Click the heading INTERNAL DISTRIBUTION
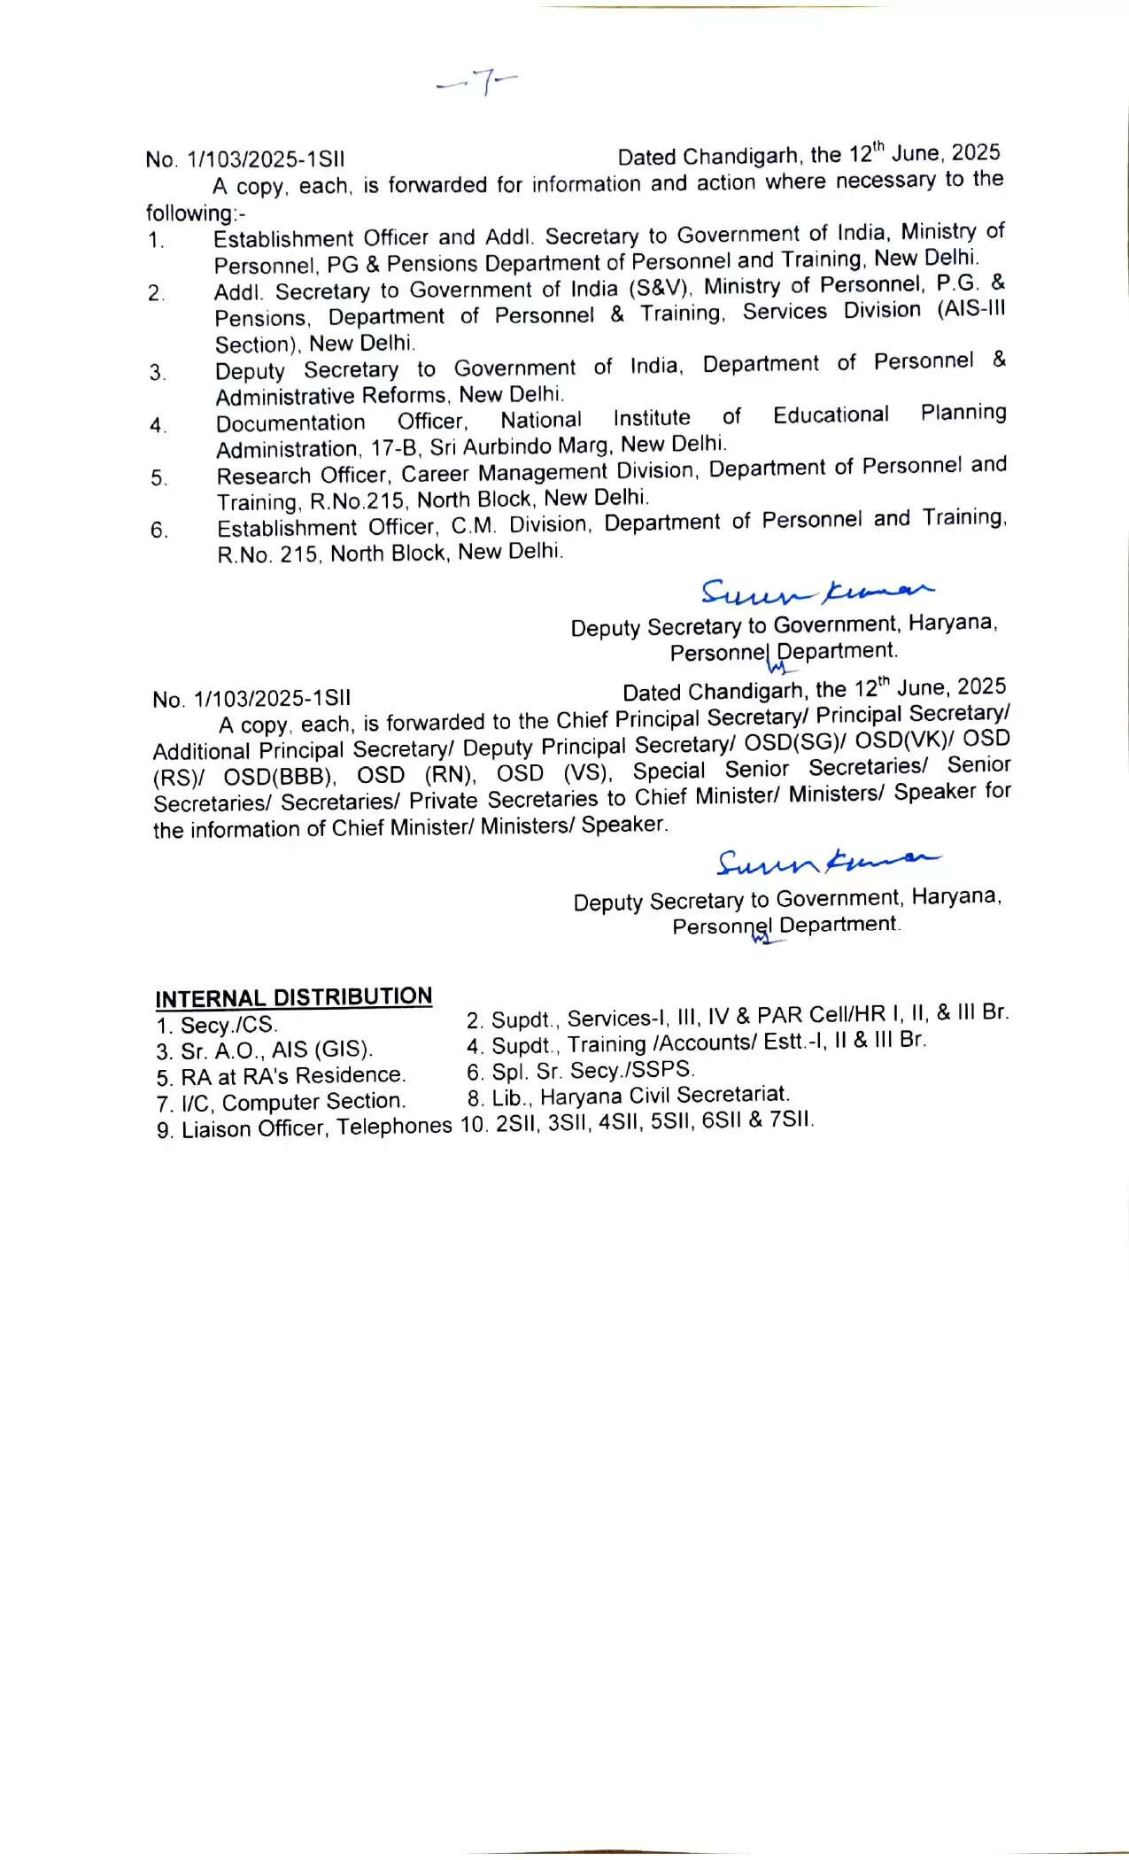[x=293, y=997]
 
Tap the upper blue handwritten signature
[x=816, y=591]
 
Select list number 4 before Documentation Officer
[x=157, y=426]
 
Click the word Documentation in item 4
[x=290, y=423]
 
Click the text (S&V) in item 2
[x=660, y=289]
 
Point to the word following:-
[x=196, y=213]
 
